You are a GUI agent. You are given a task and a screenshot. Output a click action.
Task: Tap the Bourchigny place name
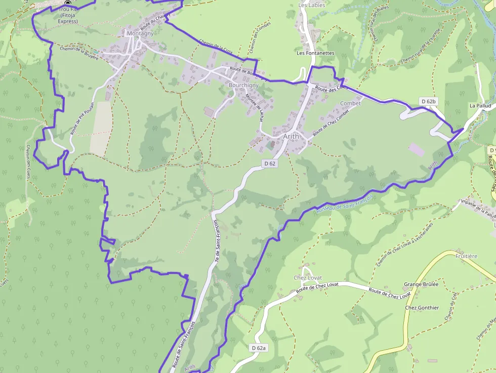tap(243, 86)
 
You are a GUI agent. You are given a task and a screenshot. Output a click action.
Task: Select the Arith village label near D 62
tap(291, 136)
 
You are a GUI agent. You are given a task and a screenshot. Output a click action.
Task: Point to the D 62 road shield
tap(270, 163)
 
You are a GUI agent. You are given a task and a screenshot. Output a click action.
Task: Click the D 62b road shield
tap(428, 102)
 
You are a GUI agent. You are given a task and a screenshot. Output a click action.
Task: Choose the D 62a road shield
tap(259, 348)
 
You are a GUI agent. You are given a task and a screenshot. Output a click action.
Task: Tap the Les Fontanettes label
tap(315, 53)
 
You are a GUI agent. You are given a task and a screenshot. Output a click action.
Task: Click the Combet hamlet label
tap(351, 103)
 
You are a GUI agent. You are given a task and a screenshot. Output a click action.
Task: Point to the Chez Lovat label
tap(308, 278)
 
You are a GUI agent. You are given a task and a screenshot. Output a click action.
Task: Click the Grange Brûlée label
tap(421, 284)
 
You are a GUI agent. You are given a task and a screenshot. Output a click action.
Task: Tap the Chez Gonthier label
tap(422, 308)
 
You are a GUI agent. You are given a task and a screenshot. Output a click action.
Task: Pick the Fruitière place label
tap(466, 256)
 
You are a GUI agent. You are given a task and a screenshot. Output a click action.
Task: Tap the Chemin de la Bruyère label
tap(78, 53)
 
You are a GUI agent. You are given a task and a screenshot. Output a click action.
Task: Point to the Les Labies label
tap(312, 5)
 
